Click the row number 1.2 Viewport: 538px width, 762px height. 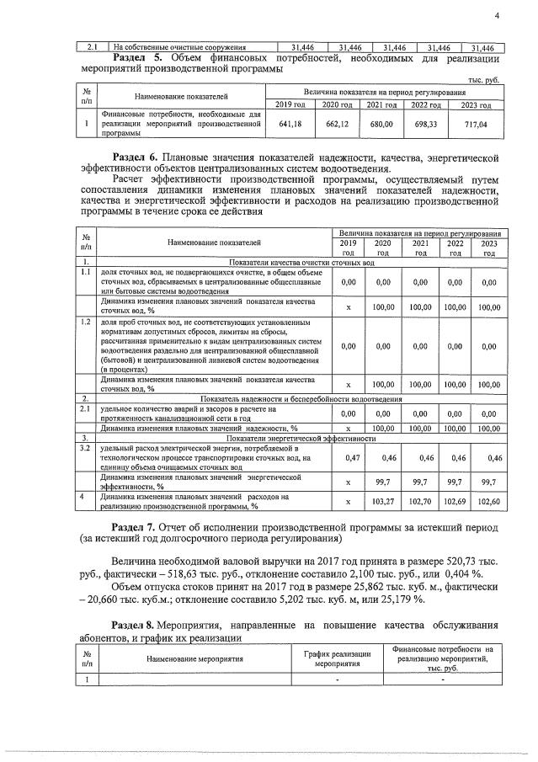(85, 322)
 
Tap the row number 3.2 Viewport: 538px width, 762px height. (85, 449)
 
